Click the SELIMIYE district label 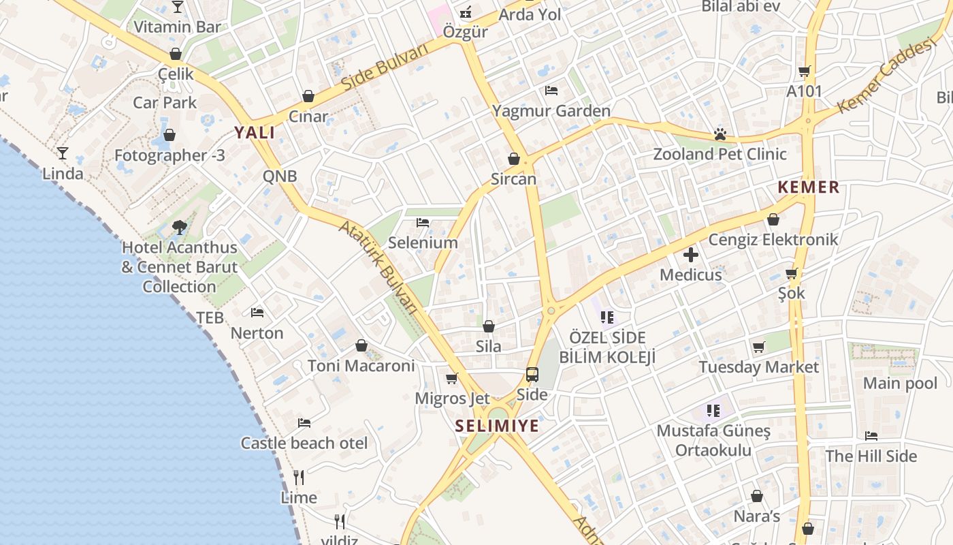pos(496,426)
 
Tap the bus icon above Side pos(532,375)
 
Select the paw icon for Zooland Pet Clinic pos(720,134)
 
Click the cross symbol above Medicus pos(691,255)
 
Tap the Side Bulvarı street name pos(385,66)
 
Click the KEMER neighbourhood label pos(809,187)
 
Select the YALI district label pos(255,133)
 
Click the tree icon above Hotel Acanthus pos(180,227)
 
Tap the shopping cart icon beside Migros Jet pos(451,379)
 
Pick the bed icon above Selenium pos(423,223)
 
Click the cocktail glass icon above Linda pos(63,153)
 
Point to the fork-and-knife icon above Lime pos(299,477)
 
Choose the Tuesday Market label pos(758,367)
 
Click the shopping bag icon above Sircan pos(514,159)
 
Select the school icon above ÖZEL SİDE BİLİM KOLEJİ pos(607,317)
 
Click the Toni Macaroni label pos(361,366)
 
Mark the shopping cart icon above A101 pos(805,71)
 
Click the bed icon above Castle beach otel pos(304,423)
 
